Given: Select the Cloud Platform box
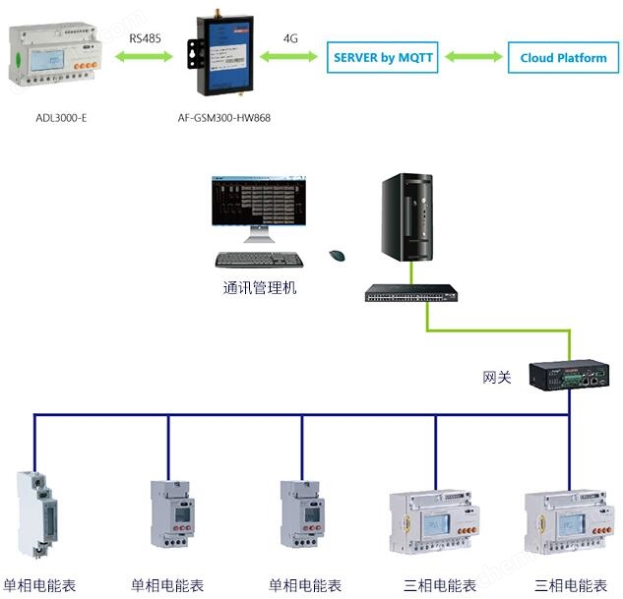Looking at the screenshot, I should click(563, 57).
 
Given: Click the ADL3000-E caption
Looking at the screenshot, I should click(60, 118).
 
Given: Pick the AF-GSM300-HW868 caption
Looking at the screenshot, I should click(226, 118).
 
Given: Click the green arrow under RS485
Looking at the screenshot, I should click(146, 58).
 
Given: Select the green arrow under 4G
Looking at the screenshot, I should click(290, 58).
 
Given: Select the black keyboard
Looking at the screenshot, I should click(260, 260).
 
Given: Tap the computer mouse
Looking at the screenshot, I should click(337, 256).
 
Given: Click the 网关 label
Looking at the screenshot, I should click(497, 377).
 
